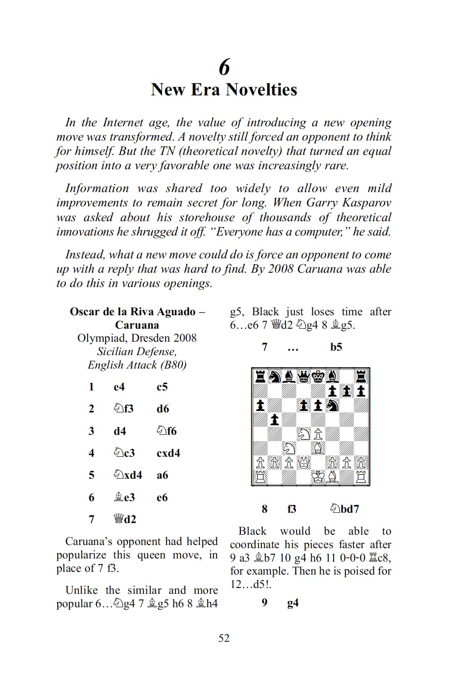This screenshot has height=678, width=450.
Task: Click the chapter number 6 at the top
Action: (224, 67)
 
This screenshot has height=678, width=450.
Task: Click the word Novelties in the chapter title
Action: (261, 90)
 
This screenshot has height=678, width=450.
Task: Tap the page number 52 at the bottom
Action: (224, 638)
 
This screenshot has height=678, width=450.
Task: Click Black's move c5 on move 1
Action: (162, 387)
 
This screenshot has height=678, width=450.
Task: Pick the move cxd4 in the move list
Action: (168, 453)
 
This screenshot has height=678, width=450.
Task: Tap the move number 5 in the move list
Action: (91, 475)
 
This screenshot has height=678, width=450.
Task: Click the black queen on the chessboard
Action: (303, 377)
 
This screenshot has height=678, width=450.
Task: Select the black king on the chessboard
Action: (318, 377)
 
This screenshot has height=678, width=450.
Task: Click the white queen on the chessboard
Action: (303, 463)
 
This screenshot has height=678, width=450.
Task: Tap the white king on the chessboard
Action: (318, 477)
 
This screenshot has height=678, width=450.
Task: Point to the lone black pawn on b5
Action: (275, 420)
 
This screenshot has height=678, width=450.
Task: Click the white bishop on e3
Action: (318, 448)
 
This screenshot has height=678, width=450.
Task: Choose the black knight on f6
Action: (332, 405)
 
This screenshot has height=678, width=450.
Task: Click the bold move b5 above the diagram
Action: (336, 347)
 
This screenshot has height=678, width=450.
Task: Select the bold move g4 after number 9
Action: (293, 603)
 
